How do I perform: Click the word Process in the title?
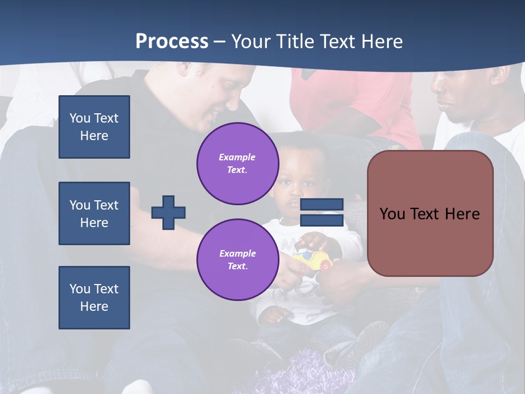coord(172,42)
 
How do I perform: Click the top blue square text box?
coord(94,127)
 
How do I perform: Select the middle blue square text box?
coord(94,213)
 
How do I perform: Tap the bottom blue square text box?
coord(94,298)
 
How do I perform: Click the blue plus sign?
coord(168,212)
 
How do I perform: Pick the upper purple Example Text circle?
coord(237,164)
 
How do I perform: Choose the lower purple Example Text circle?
coord(237,260)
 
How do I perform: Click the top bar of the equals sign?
coord(322,204)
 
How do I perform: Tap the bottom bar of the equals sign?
coord(322,220)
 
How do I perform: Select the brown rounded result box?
coord(430,213)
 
